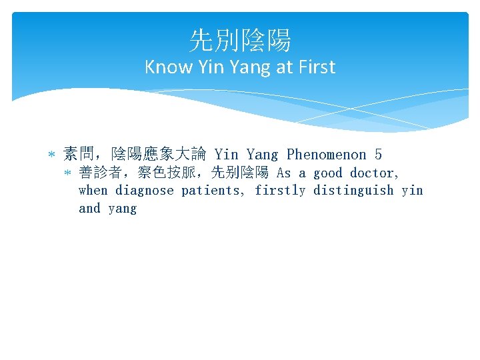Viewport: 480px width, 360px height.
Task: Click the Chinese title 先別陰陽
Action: [x=240, y=41]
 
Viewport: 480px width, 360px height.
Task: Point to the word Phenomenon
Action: [x=326, y=155]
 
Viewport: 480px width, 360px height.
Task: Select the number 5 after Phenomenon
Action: [x=378, y=155]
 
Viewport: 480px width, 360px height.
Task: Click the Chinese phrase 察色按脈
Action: [x=167, y=173]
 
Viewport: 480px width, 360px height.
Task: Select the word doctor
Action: [x=375, y=173]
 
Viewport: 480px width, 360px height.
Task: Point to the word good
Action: [x=328, y=173]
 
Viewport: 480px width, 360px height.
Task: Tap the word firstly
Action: [x=280, y=191]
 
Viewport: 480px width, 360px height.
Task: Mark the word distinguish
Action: [x=353, y=191]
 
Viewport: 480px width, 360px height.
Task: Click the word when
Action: [x=93, y=191]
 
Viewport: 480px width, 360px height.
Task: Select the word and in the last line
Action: [x=89, y=209]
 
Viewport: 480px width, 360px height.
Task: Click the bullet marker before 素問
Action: [x=52, y=155]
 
